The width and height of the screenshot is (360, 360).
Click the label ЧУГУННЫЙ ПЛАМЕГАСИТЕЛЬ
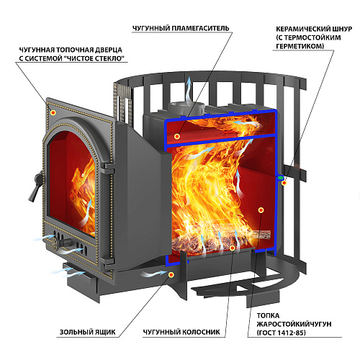[181, 28]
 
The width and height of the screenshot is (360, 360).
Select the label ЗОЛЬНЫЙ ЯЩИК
[88, 332]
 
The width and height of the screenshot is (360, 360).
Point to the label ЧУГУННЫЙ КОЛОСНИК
[181, 332]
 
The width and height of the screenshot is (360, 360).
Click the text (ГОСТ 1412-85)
[282, 333]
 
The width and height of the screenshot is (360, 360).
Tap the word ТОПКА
[268, 315]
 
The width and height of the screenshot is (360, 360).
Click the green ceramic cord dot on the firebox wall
[280, 178]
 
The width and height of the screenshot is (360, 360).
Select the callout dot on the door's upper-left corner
[53, 112]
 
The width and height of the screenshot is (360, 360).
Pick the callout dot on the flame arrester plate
[177, 136]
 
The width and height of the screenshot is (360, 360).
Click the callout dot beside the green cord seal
[284, 183]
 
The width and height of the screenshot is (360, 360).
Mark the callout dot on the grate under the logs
[232, 248]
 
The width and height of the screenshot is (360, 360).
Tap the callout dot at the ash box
[171, 275]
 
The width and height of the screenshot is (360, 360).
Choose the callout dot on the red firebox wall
[261, 210]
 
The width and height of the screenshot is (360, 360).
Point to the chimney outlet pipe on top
[186, 109]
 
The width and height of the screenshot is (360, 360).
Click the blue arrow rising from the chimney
[189, 89]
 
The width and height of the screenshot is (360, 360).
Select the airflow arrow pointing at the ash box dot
[153, 274]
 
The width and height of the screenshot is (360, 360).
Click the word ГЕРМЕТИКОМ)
[300, 46]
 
